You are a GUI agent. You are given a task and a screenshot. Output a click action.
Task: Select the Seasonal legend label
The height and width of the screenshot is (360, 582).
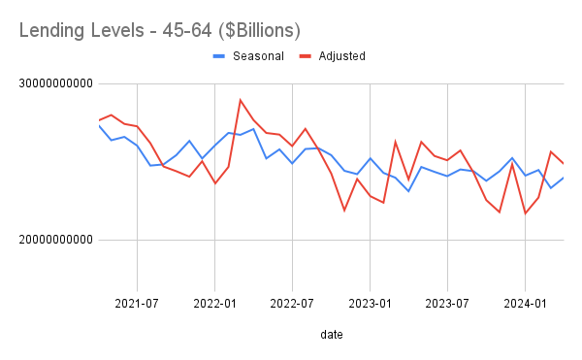coord(257,56)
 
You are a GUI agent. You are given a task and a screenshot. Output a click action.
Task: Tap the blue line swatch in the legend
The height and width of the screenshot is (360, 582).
coord(220,56)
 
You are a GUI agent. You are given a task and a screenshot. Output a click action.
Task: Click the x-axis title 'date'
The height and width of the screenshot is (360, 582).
coord(331,334)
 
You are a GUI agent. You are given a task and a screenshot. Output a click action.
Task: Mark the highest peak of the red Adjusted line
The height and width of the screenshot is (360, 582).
coord(241,100)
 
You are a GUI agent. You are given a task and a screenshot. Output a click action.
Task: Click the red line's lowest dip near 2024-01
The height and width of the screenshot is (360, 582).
coord(525,213)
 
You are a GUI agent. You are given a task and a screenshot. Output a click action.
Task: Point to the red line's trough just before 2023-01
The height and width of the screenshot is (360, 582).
coord(344,210)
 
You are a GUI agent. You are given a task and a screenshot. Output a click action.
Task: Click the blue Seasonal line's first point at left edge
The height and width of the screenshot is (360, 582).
coord(99,125)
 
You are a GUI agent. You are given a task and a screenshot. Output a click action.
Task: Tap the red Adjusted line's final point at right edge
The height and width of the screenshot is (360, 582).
coord(564,163)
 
